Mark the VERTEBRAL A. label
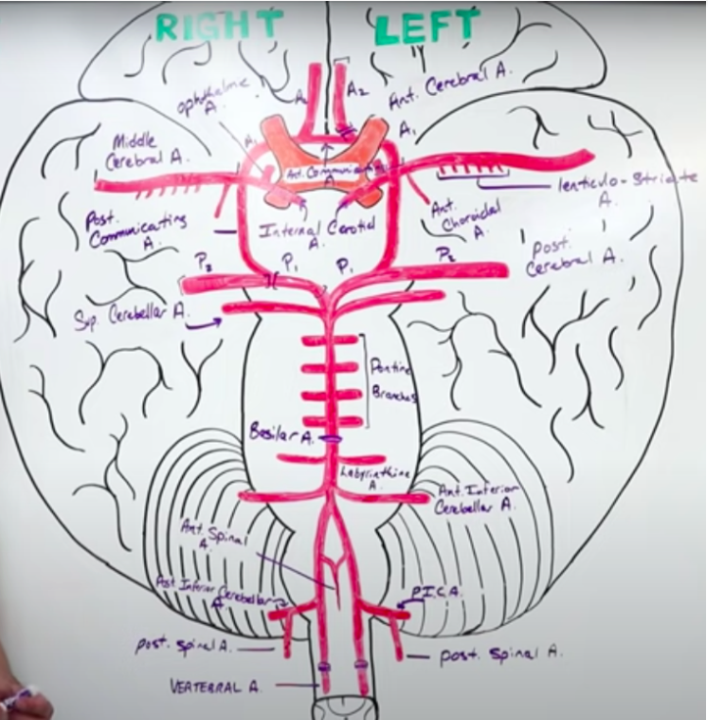[215, 686]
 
